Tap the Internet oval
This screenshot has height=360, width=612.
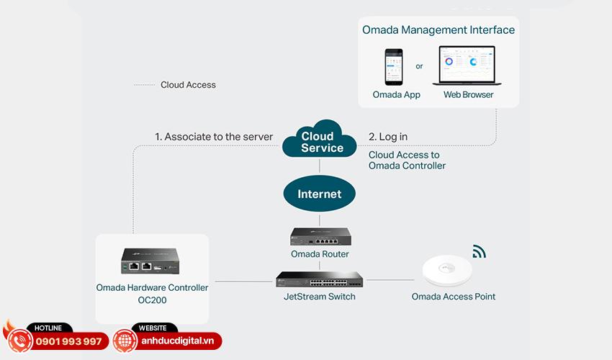click(x=319, y=194)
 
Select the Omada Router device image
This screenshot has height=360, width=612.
click(x=320, y=236)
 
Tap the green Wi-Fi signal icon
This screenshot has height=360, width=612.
click(x=479, y=251)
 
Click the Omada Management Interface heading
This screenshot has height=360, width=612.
click(x=438, y=30)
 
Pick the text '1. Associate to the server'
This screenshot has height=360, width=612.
click(x=214, y=137)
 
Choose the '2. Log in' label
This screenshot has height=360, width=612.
click(x=388, y=137)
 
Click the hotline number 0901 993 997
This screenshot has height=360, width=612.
click(x=69, y=341)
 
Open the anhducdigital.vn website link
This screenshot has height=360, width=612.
click(x=177, y=341)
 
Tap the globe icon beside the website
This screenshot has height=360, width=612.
click(x=125, y=341)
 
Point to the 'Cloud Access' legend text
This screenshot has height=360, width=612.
click(x=188, y=85)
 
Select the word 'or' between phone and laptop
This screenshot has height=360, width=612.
click(x=420, y=66)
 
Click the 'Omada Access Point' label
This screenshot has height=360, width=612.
click(x=454, y=297)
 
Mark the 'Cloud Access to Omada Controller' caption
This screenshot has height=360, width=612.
click(x=407, y=160)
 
